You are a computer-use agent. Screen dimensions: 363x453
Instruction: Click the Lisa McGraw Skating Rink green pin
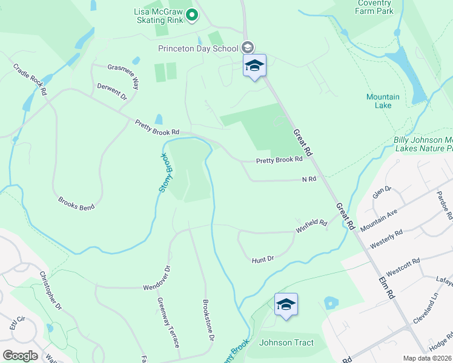click(192, 15)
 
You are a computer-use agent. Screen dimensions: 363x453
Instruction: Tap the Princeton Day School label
click(199, 48)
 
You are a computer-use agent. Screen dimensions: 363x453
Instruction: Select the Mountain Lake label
click(383, 101)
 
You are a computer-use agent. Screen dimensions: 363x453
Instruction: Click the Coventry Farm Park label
click(374, 7)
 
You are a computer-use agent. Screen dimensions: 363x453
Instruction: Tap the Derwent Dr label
click(112, 92)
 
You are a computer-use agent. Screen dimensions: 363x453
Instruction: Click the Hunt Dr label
click(263, 259)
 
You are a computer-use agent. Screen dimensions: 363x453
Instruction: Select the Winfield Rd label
click(311, 226)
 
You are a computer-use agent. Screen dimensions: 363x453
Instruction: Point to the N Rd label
click(309, 179)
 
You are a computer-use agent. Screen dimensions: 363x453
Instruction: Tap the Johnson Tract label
click(286, 343)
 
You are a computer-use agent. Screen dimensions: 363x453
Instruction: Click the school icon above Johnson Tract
click(286, 304)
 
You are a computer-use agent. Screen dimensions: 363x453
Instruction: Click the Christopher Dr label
click(51, 290)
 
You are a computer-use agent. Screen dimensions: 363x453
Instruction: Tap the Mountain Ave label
click(379, 221)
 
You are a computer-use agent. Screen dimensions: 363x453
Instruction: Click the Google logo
click(20, 356)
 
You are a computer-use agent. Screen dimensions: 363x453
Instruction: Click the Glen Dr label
click(382, 193)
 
